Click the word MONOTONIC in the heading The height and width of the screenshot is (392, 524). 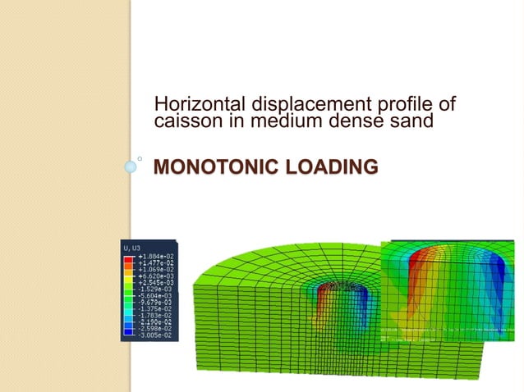209,169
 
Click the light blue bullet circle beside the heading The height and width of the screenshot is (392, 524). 131,166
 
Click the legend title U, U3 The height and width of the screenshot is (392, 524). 131,248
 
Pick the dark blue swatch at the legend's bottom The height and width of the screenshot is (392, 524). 129,332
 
